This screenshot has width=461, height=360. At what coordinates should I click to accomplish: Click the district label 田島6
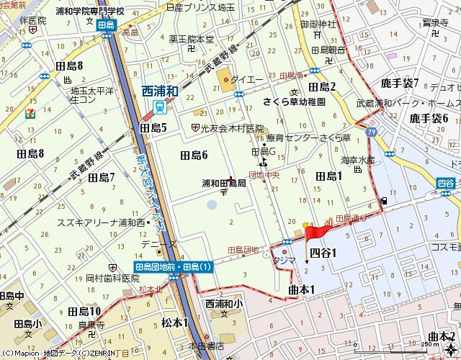pyautogui.click(x=194, y=155)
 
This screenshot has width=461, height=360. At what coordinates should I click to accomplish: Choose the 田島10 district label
pyautogui.click(x=84, y=311)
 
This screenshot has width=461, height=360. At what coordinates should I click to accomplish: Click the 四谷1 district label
pyautogui.click(x=323, y=252)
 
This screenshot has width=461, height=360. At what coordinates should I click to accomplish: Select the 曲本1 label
pyautogui.click(x=303, y=289)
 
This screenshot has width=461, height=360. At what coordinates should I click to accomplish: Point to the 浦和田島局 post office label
pyautogui.click(x=223, y=183)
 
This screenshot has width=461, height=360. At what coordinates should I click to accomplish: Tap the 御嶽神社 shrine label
pyautogui.click(x=318, y=24)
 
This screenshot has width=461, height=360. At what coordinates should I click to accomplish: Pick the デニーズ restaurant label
pyautogui.click(x=158, y=245)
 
